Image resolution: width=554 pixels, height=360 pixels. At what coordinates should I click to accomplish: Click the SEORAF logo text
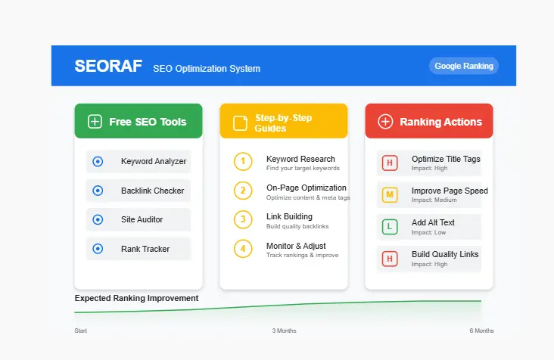click(x=108, y=67)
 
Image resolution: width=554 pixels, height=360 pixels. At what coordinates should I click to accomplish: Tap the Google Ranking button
click(x=464, y=66)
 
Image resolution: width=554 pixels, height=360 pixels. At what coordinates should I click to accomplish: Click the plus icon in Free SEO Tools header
click(x=95, y=122)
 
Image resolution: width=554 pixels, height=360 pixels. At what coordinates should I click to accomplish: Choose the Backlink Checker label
click(x=152, y=191)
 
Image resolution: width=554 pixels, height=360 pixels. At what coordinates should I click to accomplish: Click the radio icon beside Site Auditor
click(x=98, y=219)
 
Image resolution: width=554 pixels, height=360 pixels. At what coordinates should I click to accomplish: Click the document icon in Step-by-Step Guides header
click(x=240, y=123)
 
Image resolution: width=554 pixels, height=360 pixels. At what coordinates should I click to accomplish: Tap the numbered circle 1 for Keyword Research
click(x=242, y=162)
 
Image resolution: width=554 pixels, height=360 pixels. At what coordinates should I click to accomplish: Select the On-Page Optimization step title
click(x=306, y=188)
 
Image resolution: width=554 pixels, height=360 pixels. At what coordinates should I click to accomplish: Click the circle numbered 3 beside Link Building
click(x=242, y=220)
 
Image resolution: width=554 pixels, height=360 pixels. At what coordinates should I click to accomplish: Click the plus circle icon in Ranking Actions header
click(x=385, y=122)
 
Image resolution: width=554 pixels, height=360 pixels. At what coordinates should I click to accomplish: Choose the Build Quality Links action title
click(x=445, y=254)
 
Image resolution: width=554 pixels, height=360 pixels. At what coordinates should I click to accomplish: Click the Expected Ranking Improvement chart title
click(x=136, y=298)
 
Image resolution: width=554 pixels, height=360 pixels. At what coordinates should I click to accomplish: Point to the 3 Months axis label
click(x=285, y=331)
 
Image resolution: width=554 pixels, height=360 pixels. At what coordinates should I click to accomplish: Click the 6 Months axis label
click(x=481, y=331)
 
